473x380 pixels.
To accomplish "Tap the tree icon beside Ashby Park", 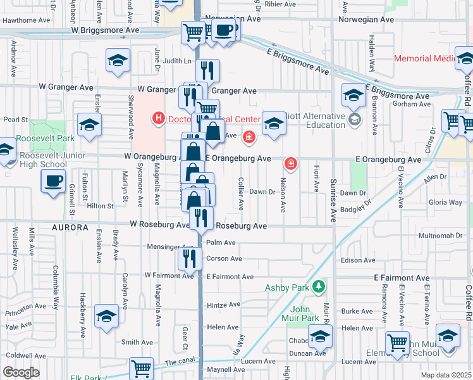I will [321, 287].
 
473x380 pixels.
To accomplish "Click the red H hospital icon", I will [157, 118].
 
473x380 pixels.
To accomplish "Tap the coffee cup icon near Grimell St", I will [53, 182].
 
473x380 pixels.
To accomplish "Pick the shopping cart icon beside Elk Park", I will [141, 368].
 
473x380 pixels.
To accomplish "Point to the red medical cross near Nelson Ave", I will [290, 164].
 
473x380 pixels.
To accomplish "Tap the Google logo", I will [21, 372].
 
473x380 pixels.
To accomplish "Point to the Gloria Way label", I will [445, 203].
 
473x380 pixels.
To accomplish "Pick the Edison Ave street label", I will [358, 260].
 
